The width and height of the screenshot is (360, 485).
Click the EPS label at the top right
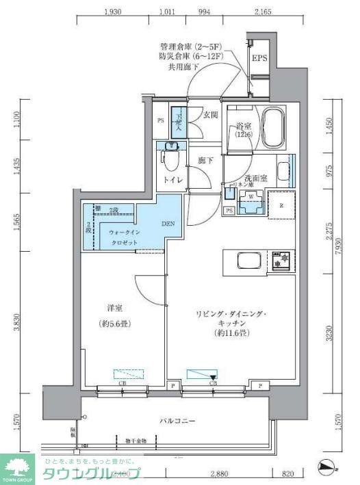[x=259, y=59]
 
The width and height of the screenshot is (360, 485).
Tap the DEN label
[x=168, y=223]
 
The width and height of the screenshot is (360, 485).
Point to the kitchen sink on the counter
[x=245, y=261]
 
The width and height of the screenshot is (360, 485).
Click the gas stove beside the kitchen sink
[x=281, y=261]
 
